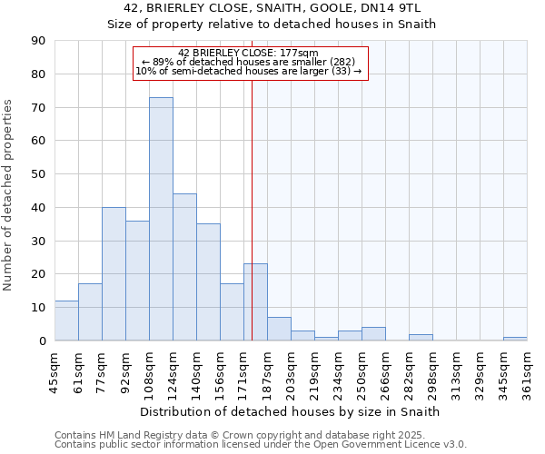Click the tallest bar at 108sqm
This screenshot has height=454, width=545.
pyautogui.click(x=161, y=219)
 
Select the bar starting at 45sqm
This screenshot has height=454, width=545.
pyautogui.click(x=66, y=321)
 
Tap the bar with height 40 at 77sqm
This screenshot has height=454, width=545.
pyautogui.click(x=114, y=273)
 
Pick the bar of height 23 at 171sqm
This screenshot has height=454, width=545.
pyautogui.click(x=255, y=302)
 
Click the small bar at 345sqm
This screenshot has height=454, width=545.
pyautogui.click(x=515, y=339)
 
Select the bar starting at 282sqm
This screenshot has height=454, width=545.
pyautogui.click(x=421, y=337)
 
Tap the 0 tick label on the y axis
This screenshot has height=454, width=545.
pyautogui.click(x=41, y=340)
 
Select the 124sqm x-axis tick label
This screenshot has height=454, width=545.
pyautogui.click(x=173, y=373)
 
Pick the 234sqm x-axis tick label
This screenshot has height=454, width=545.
pyautogui.click(x=339, y=373)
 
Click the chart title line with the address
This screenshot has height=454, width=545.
pyautogui.click(x=272, y=8)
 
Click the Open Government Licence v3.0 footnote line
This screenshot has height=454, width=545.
pyautogui.click(x=261, y=444)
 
